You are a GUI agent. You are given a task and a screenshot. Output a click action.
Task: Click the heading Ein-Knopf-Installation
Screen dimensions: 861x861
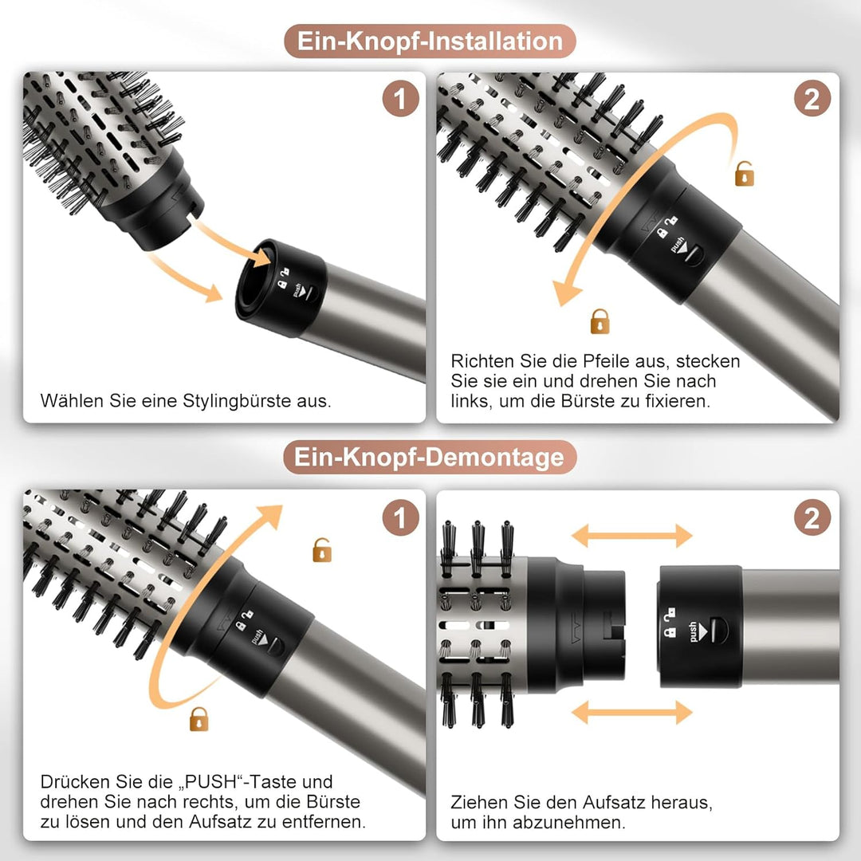[430, 41]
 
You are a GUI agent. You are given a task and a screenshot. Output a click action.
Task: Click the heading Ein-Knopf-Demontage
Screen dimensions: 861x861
[430, 457]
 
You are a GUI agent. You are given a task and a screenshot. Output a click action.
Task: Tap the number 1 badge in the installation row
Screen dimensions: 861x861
[400, 100]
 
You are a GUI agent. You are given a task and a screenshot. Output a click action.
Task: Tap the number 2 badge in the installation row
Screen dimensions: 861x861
[812, 100]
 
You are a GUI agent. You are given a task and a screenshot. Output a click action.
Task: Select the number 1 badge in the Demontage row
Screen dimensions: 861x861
[400, 518]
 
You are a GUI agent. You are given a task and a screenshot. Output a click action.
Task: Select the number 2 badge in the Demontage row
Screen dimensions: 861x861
[812, 518]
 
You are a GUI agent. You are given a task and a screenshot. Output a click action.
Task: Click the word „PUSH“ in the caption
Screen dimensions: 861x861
[210, 780]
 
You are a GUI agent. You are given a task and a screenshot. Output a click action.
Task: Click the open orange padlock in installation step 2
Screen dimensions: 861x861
[744, 174]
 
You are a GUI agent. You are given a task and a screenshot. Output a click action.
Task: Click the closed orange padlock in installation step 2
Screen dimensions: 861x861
[600, 321]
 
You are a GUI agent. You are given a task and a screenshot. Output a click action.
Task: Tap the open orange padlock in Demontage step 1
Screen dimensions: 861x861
[322, 550]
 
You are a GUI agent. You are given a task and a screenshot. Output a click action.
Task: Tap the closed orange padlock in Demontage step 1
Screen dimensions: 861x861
[199, 719]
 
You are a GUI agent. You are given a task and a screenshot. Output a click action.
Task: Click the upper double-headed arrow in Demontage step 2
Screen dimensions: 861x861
[632, 536]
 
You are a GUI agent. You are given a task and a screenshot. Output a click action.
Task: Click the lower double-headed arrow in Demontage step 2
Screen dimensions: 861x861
[632, 712]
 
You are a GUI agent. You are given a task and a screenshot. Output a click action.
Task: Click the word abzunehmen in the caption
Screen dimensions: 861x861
[571, 823]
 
